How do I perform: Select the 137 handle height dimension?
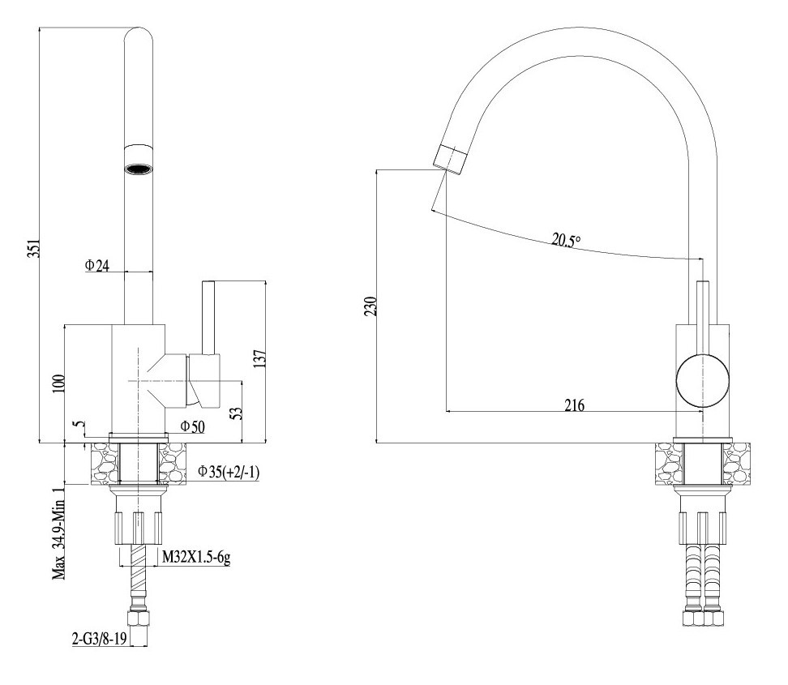(x=259, y=359)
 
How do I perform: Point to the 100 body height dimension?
(x=58, y=384)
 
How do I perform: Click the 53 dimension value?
(x=236, y=413)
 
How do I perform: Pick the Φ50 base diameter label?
(x=192, y=427)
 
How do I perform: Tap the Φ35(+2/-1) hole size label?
(x=228, y=472)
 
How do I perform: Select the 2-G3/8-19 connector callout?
(x=100, y=639)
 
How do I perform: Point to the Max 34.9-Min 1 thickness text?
(x=60, y=533)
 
